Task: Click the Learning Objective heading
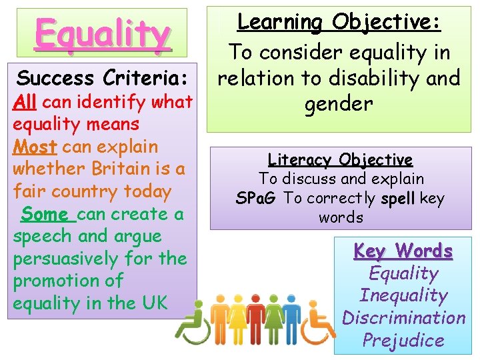[x=339, y=22]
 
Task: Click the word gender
[x=339, y=103]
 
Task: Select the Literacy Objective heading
[x=340, y=160]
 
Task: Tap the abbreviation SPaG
[x=257, y=199]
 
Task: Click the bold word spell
[x=399, y=199]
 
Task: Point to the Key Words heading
[x=403, y=251]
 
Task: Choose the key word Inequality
[x=403, y=295]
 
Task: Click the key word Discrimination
[x=403, y=317]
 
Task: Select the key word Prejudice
[x=403, y=340]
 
